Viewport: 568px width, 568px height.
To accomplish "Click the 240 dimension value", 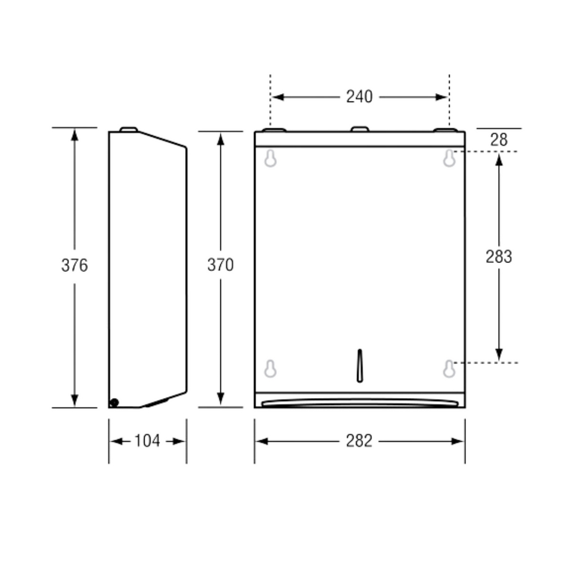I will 359,97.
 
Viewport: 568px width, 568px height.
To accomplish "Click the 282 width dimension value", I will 359,442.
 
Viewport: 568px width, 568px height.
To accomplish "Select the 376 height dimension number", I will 74,266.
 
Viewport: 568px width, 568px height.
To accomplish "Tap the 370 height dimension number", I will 221,265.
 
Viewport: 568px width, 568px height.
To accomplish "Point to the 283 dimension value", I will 499,257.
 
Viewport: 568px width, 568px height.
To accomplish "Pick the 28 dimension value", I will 499,140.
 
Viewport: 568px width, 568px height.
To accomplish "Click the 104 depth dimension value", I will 147,442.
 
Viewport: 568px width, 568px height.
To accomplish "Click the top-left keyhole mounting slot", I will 271,159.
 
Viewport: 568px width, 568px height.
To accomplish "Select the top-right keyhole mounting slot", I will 449,159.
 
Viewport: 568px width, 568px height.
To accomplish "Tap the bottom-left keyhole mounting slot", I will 271,369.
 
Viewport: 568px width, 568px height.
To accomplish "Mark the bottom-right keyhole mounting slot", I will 449,369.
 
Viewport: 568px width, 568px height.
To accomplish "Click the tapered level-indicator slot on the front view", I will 359,366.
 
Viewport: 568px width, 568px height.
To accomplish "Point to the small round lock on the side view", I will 114,403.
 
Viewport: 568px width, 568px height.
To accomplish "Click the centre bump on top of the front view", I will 359,129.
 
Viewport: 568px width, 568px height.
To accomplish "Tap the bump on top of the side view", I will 128,129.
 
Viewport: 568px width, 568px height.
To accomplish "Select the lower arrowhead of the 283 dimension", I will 499,354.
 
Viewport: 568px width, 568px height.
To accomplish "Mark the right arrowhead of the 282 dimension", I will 458,442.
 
